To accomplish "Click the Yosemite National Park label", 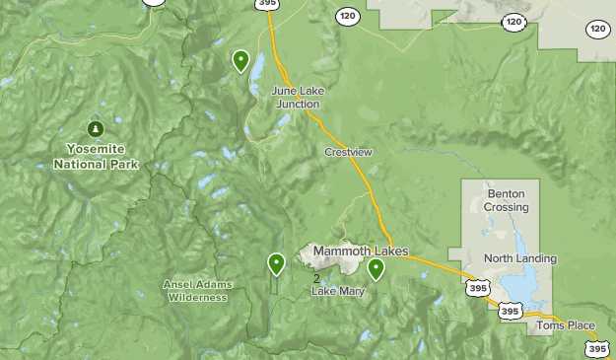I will [96, 156].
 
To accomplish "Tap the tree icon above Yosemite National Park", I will [96, 129].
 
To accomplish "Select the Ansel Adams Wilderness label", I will [198, 290].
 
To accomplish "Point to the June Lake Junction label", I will [297, 97].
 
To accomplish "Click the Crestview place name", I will [349, 152].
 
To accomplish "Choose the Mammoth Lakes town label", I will [361, 252].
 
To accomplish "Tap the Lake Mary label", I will [338, 291].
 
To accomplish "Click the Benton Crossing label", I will [507, 200].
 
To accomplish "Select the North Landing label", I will [520, 258].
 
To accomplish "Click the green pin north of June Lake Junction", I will [240, 61].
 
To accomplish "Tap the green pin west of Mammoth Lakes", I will [277, 263].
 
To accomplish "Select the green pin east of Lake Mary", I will [376, 268].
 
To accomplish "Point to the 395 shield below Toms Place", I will [596, 348].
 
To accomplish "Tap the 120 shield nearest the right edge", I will [598, 29].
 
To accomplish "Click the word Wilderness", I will [198, 297].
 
